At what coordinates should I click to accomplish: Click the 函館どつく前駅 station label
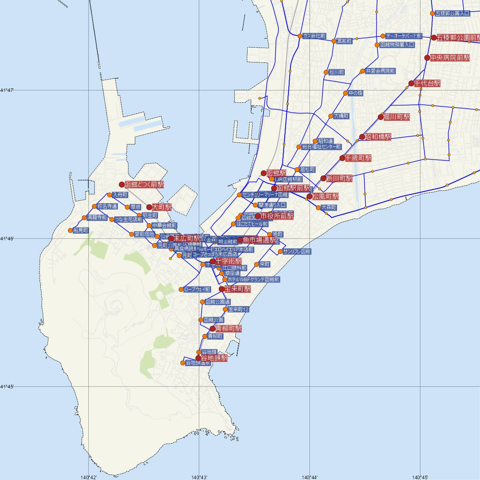pyautogui.click(x=144, y=185)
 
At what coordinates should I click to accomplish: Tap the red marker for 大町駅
pyautogui.click(x=149, y=207)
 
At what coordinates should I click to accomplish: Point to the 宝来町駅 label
pyautogui.click(x=238, y=289)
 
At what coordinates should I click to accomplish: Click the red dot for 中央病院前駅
pyautogui.click(x=427, y=58)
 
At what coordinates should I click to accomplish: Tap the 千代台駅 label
pyautogui.click(x=427, y=83)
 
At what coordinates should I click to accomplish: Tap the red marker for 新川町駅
pyautogui.click(x=324, y=178)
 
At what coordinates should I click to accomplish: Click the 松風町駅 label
pyautogui.click(x=326, y=196)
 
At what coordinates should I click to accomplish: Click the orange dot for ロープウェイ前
pyautogui.click(x=181, y=290)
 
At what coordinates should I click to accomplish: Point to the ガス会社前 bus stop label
pyautogui.click(x=314, y=36)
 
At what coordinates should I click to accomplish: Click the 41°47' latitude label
pyautogui.click(x=7, y=90)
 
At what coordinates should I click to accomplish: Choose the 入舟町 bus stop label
pyautogui.click(x=120, y=195)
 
